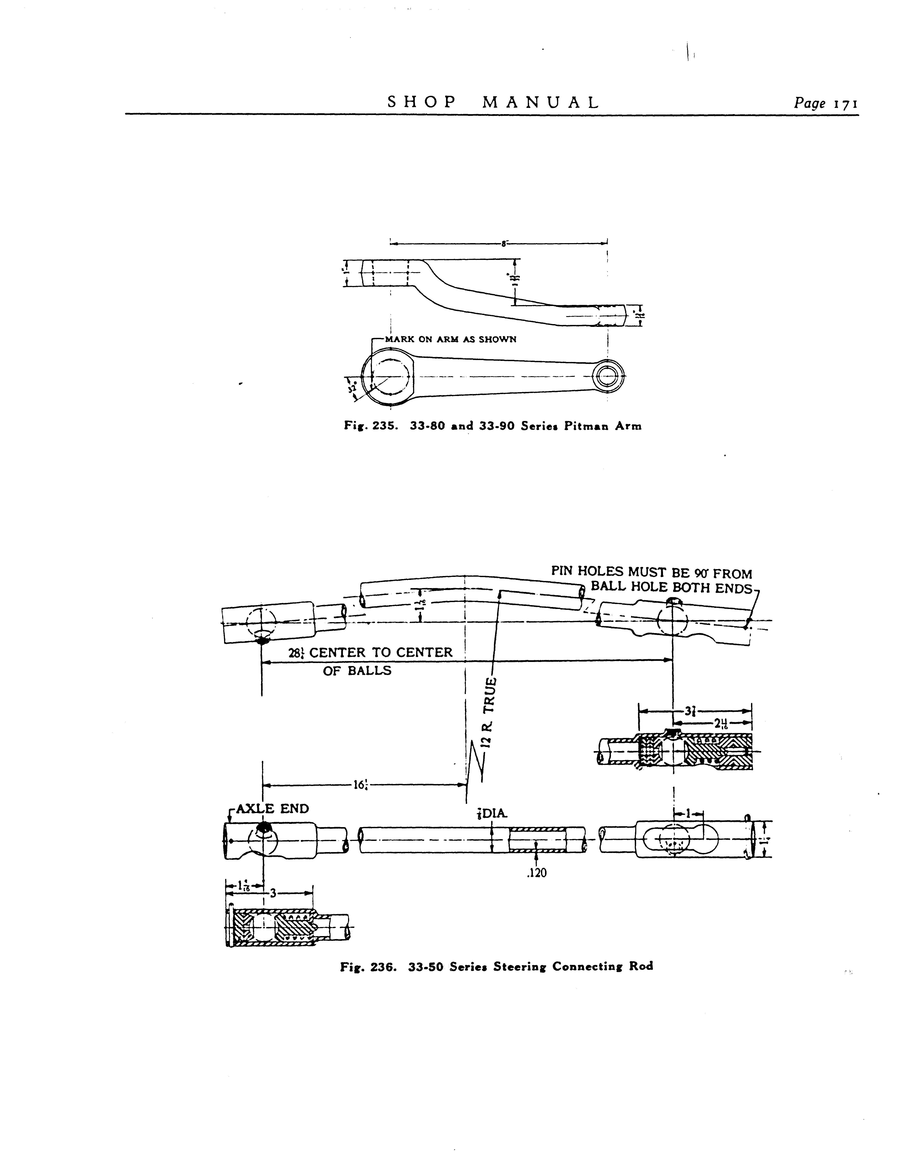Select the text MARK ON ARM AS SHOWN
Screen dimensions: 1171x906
coord(450,339)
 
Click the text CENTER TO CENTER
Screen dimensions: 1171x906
coord(381,652)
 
